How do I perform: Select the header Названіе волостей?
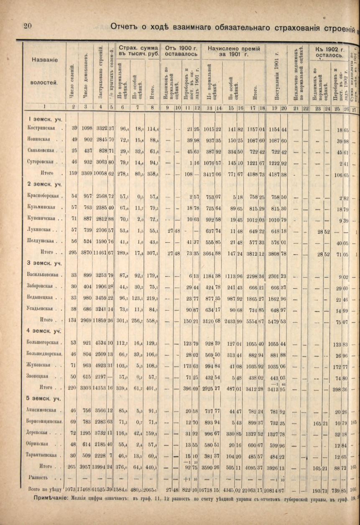click(44, 71)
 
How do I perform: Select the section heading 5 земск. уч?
click(41, 398)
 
